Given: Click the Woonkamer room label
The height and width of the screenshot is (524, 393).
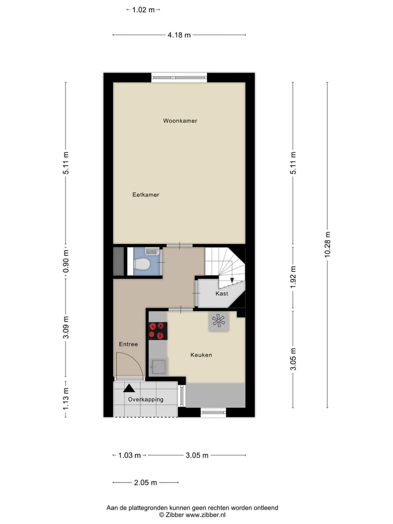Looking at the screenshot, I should pos(180,121).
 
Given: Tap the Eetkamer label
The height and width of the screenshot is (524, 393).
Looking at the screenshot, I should pos(146,194).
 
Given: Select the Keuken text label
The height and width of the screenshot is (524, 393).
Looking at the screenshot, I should pos(201,355).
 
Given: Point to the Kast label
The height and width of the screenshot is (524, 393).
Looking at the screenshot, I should pos(222,294).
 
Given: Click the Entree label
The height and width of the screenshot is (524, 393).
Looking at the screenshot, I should pos(128,344).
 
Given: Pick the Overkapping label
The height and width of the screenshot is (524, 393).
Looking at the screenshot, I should pos(145,400).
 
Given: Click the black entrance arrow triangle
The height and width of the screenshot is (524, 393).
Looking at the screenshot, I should pos(129,388).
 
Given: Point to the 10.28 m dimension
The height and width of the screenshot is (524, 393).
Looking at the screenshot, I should pos(327,244).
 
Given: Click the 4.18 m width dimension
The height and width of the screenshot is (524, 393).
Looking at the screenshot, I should pos(179,35).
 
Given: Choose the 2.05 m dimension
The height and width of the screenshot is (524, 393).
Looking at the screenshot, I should pos(146,483).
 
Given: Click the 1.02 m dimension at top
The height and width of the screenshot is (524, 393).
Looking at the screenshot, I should pos(144,9).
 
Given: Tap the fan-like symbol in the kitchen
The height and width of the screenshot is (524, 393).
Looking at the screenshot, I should pos(219,321).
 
